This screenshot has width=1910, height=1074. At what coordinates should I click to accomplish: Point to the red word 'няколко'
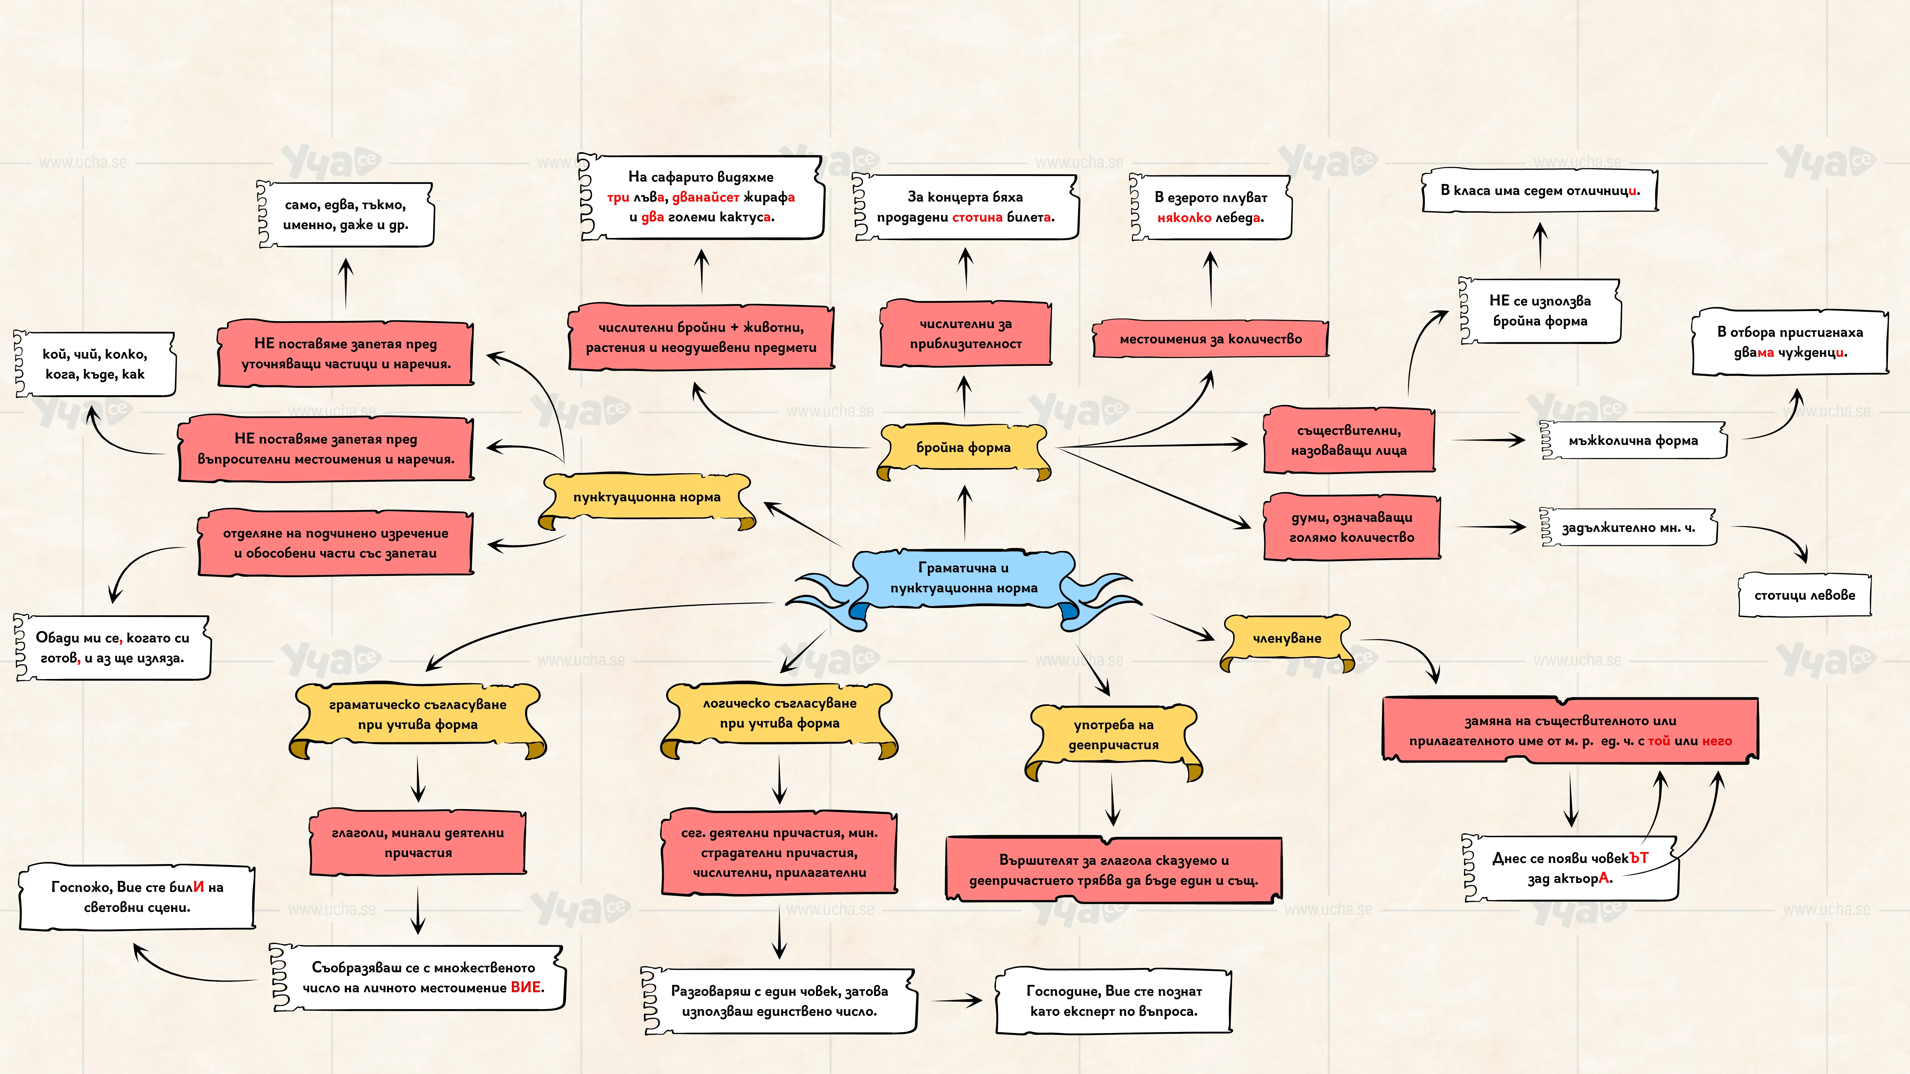click(x=1184, y=218)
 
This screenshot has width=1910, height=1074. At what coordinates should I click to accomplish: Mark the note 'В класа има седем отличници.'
click(x=1539, y=190)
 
